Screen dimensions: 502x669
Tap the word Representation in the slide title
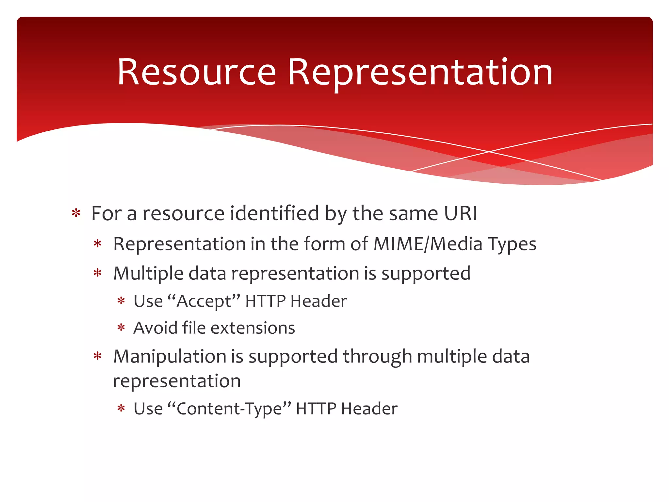point(420,72)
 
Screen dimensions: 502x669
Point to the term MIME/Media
point(428,244)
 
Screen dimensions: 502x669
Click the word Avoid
point(155,328)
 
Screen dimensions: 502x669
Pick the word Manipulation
point(170,357)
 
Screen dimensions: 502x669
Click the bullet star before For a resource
point(76,213)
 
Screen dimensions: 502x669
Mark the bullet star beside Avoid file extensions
point(121,327)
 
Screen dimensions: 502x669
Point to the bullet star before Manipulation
point(98,356)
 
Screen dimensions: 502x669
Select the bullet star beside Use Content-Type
point(121,409)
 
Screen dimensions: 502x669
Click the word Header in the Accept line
point(318,301)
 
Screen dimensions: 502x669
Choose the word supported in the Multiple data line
point(426,274)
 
